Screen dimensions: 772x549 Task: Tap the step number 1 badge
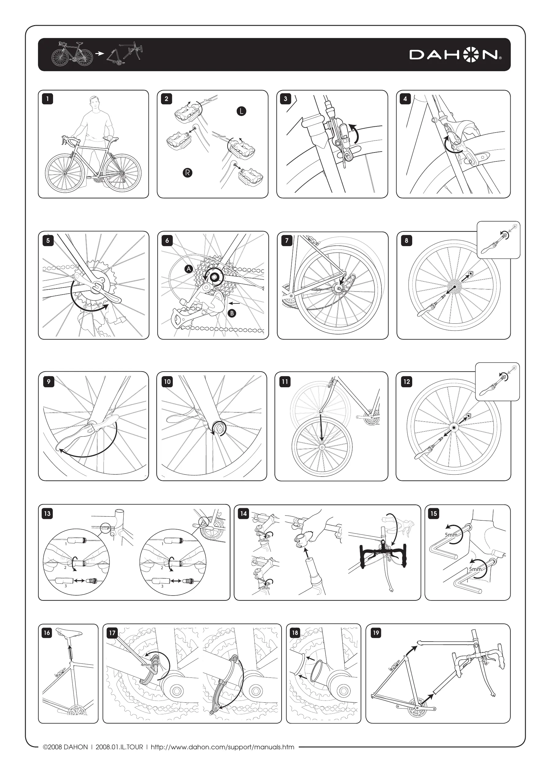(x=48, y=99)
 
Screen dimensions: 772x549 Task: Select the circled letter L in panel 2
(x=241, y=111)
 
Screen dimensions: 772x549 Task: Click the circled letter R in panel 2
(x=187, y=173)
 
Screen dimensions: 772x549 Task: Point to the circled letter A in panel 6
(x=189, y=269)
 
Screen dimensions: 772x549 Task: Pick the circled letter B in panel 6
(x=232, y=314)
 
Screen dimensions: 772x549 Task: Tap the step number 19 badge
(x=376, y=633)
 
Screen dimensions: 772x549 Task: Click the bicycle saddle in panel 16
(x=69, y=631)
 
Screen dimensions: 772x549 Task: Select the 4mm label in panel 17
(x=146, y=665)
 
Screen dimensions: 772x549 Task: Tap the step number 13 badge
(x=47, y=514)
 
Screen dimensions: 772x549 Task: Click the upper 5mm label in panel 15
(x=451, y=535)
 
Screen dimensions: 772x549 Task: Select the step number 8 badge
(x=406, y=241)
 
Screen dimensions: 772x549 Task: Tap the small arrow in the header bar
(x=99, y=53)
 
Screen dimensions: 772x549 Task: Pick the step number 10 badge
(x=167, y=382)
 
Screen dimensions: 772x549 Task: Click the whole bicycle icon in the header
(x=72, y=54)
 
